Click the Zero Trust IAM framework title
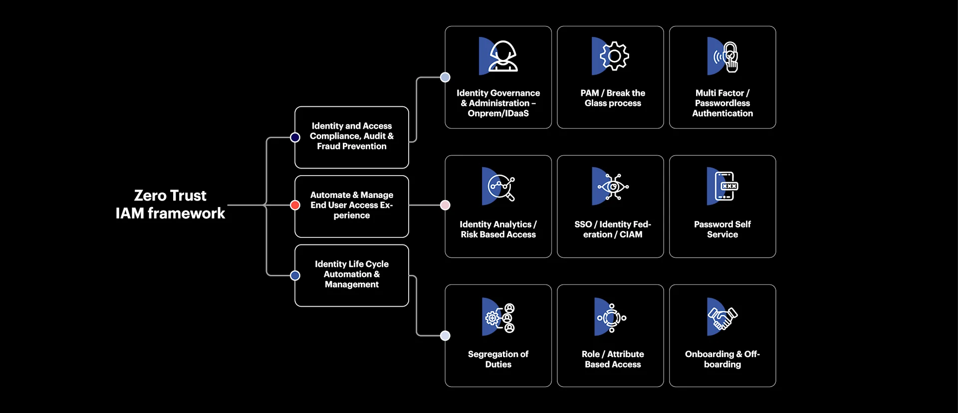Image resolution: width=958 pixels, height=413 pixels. tap(170, 204)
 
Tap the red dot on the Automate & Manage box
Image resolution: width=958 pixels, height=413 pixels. tap(295, 205)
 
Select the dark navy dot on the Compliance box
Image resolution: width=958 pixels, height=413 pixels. tap(295, 137)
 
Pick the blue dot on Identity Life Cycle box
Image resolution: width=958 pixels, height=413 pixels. tap(295, 275)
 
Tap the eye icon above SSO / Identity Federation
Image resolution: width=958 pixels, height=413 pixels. tap(613, 187)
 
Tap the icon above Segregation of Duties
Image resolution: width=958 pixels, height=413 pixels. tap(500, 317)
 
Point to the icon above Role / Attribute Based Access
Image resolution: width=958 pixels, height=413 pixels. tap(611, 317)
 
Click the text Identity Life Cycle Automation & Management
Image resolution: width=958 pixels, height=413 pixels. tap(351, 274)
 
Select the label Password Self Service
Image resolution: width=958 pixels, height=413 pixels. tap(722, 229)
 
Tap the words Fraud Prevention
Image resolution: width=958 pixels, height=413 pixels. tap(351, 146)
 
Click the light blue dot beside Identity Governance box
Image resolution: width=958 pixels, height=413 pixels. tap(445, 77)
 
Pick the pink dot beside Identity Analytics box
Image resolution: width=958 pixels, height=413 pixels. tap(445, 205)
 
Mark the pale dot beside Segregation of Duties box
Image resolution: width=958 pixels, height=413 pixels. tap(445, 336)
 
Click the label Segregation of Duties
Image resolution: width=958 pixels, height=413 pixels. tap(498, 359)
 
